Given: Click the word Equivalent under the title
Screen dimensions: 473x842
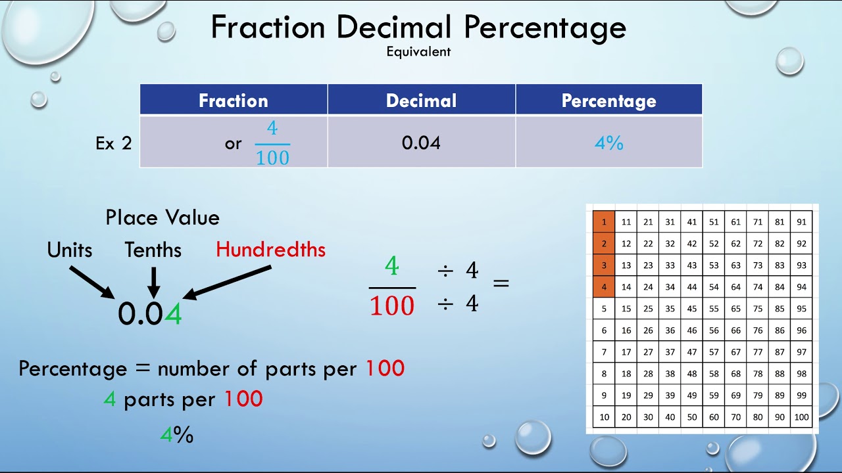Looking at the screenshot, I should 418,51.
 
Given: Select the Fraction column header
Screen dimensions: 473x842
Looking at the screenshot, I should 234,101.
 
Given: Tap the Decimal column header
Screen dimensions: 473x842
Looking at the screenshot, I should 421,101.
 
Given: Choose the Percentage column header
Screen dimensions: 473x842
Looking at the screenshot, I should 608,101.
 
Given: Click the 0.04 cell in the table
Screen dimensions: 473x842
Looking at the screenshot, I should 421,143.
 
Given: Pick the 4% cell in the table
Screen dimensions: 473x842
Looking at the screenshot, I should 608,143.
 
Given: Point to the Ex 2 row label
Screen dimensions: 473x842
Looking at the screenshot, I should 113,143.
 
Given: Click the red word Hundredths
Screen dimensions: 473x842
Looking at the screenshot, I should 270,250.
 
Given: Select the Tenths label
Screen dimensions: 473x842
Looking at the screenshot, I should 153,250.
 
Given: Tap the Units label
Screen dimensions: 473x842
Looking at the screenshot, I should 70,250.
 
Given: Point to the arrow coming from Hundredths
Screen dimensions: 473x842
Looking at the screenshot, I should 228,282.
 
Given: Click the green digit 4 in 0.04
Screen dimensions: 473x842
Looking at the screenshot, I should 173,315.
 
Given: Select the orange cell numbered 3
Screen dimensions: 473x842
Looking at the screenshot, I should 604,265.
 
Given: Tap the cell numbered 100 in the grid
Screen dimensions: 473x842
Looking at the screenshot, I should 801,417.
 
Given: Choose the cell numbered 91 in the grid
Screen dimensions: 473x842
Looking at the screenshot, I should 801,222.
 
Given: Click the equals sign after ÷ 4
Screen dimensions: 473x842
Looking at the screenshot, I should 501,284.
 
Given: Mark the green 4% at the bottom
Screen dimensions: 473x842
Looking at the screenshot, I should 176,434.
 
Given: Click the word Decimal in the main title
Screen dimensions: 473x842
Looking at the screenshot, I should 394,28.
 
